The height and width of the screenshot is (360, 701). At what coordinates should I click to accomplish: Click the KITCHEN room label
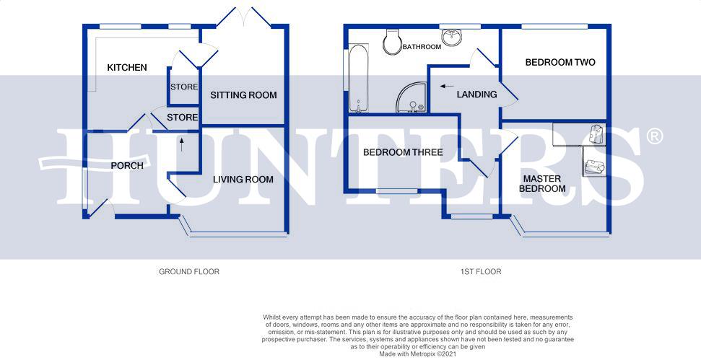pyautogui.click(x=127, y=68)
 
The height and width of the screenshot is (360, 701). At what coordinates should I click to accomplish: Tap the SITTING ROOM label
pyautogui.click(x=243, y=95)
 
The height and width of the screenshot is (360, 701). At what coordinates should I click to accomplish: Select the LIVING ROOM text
pyautogui.click(x=243, y=179)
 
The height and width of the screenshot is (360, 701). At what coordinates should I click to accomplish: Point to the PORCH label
pyautogui.click(x=127, y=165)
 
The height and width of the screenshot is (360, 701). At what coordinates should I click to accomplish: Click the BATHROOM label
pyautogui.click(x=422, y=47)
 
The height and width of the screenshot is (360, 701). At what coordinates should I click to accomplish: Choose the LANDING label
pyautogui.click(x=476, y=94)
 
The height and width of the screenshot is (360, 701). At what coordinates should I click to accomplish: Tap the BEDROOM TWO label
pyautogui.click(x=560, y=62)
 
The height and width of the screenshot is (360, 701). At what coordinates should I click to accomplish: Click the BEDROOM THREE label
pyautogui.click(x=403, y=152)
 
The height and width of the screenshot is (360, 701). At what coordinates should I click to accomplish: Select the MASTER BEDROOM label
pyautogui.click(x=544, y=183)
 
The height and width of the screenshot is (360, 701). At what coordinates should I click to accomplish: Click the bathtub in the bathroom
pyautogui.click(x=359, y=78)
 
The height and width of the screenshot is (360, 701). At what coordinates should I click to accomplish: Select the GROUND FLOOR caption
pyautogui.click(x=189, y=272)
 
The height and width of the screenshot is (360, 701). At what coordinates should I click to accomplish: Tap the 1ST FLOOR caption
pyautogui.click(x=481, y=272)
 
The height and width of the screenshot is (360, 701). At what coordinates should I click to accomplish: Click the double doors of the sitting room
pyautogui.click(x=244, y=18)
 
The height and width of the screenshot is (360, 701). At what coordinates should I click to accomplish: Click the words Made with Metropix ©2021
pyautogui.click(x=418, y=354)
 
